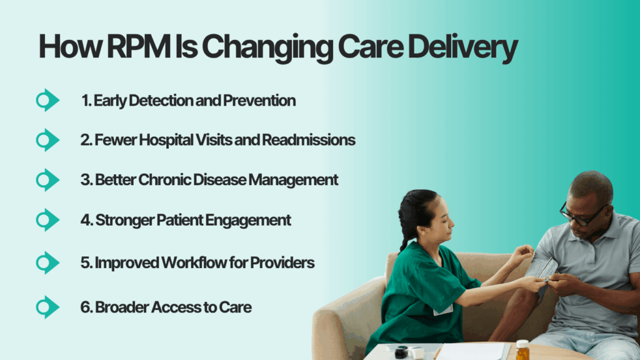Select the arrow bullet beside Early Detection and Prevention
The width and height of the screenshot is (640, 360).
pyautogui.click(x=47, y=100)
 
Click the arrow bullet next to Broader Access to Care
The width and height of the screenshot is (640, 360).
pyautogui.click(x=47, y=307)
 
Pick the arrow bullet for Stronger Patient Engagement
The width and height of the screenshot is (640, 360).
pyautogui.click(x=47, y=220)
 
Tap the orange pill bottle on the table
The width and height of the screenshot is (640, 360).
pyautogui.click(x=522, y=350)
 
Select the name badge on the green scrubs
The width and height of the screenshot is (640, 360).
pyautogui.click(x=443, y=309)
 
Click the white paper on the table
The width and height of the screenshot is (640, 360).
pyautogui.click(x=475, y=351)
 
